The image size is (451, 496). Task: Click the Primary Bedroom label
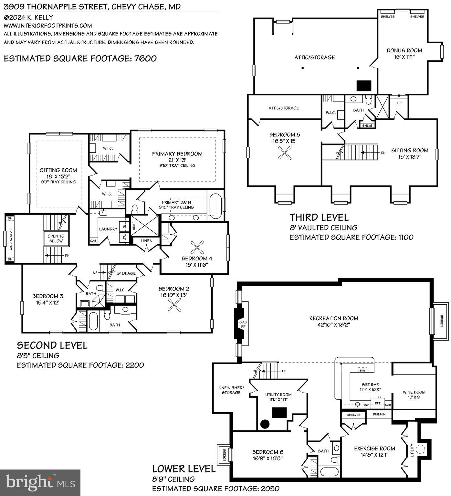(177, 154)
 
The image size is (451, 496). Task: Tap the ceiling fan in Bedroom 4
(196, 248)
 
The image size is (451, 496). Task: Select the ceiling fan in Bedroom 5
(285, 152)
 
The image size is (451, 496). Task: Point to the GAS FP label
(243, 324)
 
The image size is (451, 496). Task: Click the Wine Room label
(414, 392)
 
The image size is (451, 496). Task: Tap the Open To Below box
(56, 238)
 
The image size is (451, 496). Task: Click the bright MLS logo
(40, 482)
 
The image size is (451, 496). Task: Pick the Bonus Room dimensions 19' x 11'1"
(404, 57)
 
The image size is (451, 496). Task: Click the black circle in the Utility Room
(265, 424)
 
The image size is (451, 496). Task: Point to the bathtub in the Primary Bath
(214, 206)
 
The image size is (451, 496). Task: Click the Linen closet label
(147, 241)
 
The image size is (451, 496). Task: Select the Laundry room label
(108, 229)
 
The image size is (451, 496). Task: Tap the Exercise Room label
(374, 449)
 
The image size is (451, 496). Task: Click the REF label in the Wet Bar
(378, 403)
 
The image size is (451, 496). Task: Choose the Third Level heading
(319, 217)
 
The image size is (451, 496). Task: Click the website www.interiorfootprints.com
(48, 26)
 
